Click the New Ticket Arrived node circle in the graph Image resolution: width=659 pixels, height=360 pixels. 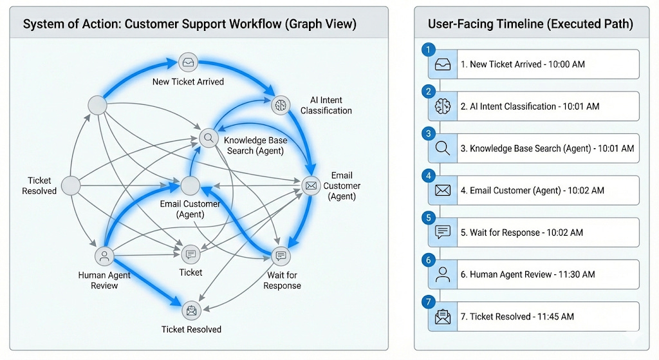tap(188, 62)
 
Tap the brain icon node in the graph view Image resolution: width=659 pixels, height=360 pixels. tap(281, 105)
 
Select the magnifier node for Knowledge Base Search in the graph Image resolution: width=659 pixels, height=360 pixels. tap(209, 138)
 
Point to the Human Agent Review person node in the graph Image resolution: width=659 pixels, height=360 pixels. tap(104, 256)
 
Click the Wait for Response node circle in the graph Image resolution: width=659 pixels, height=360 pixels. tap(281, 256)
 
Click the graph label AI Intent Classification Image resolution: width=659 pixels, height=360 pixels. tap(326, 106)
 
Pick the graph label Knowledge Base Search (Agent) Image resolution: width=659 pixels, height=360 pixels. tap(255, 146)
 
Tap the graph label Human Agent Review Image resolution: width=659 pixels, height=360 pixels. tap(104, 280)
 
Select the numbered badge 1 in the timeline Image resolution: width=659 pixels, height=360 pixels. tap(428, 50)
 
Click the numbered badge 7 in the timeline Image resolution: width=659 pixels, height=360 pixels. tap(428, 301)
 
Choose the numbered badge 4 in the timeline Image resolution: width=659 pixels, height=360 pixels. tap(428, 175)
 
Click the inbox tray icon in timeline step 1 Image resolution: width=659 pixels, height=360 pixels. tap(443, 64)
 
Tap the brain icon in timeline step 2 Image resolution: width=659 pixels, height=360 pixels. tap(443, 106)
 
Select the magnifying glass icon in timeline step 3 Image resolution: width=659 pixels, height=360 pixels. tap(443, 148)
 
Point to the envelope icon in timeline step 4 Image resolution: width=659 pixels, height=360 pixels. tap(443, 191)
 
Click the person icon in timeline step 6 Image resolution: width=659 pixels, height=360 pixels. tap(443, 274)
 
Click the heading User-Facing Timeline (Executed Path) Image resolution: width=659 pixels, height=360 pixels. tap(530, 24)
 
